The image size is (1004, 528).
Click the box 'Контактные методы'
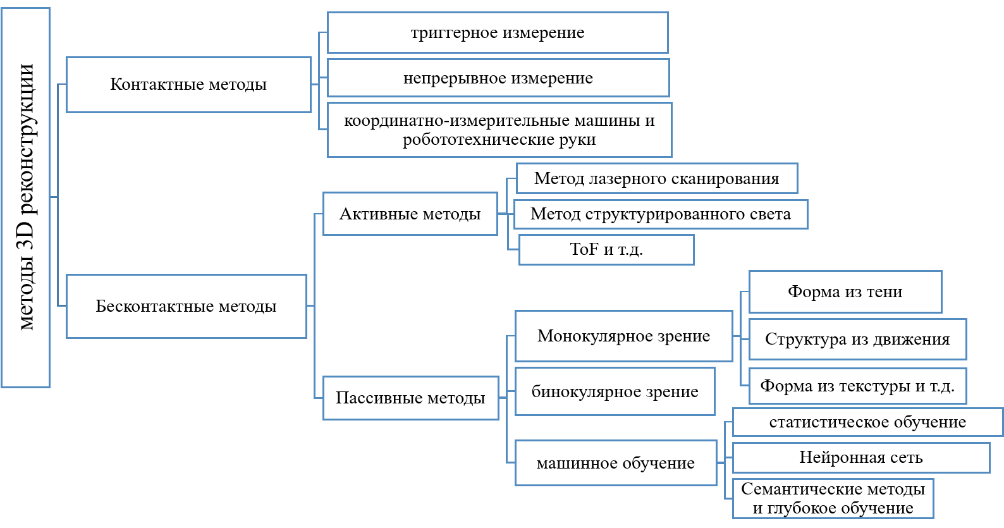(x=188, y=85)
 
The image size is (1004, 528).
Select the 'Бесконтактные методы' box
(x=187, y=306)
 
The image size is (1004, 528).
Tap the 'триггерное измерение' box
(x=498, y=33)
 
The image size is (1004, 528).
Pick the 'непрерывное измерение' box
(x=498, y=78)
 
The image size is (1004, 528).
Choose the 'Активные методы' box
(x=410, y=214)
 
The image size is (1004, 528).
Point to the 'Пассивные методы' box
(x=410, y=398)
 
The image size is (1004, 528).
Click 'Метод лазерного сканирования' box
(x=657, y=178)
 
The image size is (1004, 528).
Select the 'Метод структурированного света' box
(x=661, y=214)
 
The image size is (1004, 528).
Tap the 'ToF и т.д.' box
(x=606, y=250)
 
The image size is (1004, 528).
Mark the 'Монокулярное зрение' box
(x=624, y=336)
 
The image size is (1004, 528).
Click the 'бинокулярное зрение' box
(x=615, y=392)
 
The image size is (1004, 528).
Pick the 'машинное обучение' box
(x=616, y=463)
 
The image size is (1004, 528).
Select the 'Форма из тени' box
(x=845, y=292)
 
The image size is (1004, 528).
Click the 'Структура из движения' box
(x=857, y=340)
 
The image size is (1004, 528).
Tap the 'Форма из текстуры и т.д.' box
(x=857, y=386)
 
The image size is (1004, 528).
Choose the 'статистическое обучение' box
(x=867, y=422)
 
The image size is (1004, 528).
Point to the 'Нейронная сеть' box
(x=861, y=458)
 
